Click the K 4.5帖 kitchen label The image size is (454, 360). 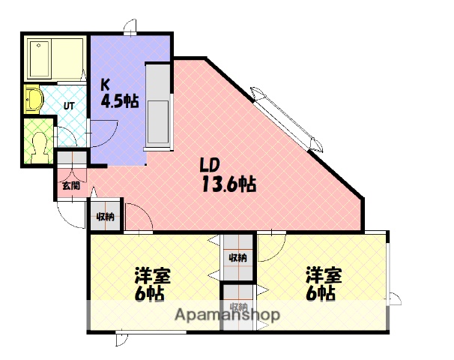118,93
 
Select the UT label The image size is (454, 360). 68,106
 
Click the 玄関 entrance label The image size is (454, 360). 70,184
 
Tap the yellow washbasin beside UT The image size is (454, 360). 33,100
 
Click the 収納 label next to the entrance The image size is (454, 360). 106,217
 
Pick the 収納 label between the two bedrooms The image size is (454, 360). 237,258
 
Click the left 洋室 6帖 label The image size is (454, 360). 153,283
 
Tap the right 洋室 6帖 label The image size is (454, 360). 323,283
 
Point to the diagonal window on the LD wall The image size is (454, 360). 285,119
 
